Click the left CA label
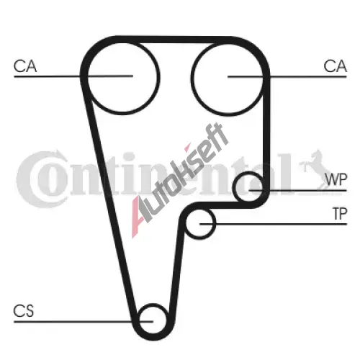click(25, 66)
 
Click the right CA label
click(335, 66)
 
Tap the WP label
click(336, 179)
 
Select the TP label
click(340, 214)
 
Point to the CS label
click(24, 311)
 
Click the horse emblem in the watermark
click(315, 168)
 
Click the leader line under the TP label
click(274, 224)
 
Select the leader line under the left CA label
click(73, 76)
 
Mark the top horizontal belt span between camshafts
click(174, 40)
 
